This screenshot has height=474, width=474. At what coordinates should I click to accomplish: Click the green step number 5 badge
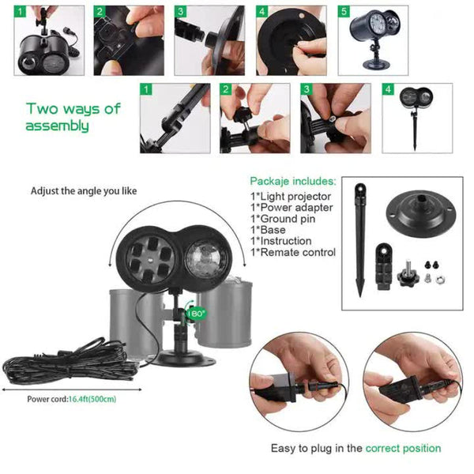point(344,13)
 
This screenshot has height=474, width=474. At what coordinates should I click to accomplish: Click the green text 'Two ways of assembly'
point(73,117)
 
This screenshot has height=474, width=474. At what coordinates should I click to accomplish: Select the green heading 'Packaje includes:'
point(292,181)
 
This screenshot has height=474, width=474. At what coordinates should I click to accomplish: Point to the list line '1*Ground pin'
point(282,219)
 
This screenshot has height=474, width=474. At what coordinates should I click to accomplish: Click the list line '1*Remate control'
point(293,252)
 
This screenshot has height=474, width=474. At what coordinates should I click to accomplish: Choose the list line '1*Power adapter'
point(291,207)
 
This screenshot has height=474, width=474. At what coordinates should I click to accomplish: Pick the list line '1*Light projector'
point(291,196)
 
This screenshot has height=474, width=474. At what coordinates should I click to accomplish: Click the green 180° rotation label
point(196,313)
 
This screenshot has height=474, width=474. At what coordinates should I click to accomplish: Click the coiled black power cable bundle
point(55,364)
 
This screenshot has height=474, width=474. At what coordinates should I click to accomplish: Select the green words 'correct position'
point(403,448)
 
